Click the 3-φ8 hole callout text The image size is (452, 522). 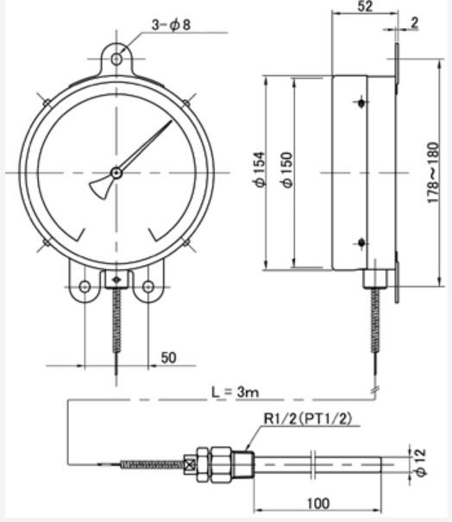[172, 25]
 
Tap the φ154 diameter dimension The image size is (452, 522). [261, 169]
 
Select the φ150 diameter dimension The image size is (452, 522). [287, 170]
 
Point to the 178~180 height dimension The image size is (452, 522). [433, 173]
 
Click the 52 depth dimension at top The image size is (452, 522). [365, 6]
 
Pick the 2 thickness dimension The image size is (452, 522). [414, 22]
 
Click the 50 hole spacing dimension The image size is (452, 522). [169, 357]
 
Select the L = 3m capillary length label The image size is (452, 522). [235, 392]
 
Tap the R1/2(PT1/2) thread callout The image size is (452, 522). [308, 418]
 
